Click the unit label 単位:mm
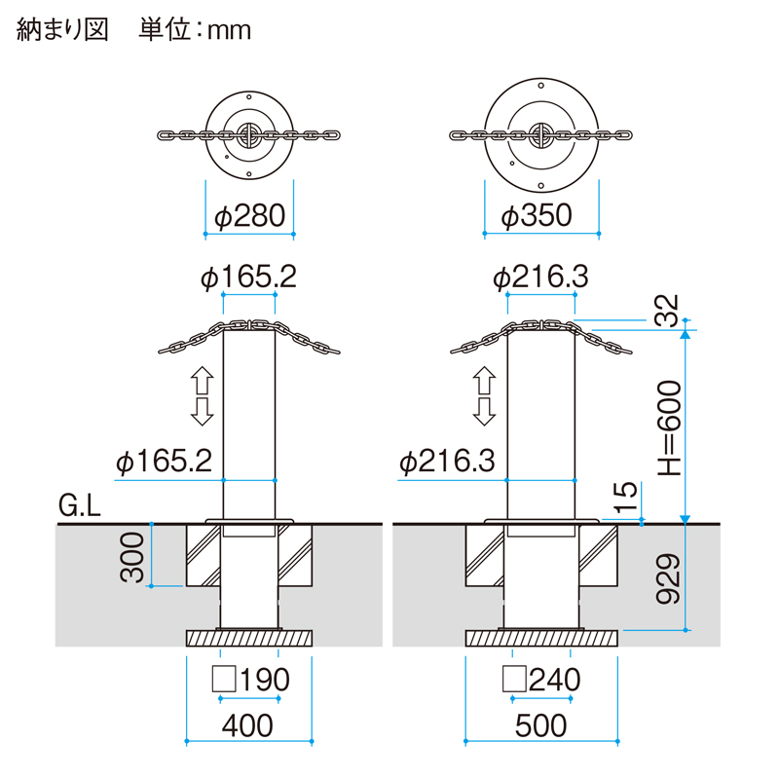pos(195,30)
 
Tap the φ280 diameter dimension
pos(249,216)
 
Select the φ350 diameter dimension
pos(536,216)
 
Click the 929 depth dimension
pos(667,580)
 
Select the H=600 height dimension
pos(667,426)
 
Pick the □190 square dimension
pos(250,679)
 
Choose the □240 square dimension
pos(541,679)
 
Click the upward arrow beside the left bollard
pos(202,378)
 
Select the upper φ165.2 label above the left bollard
pos(248,278)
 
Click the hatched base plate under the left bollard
pos(249,639)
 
